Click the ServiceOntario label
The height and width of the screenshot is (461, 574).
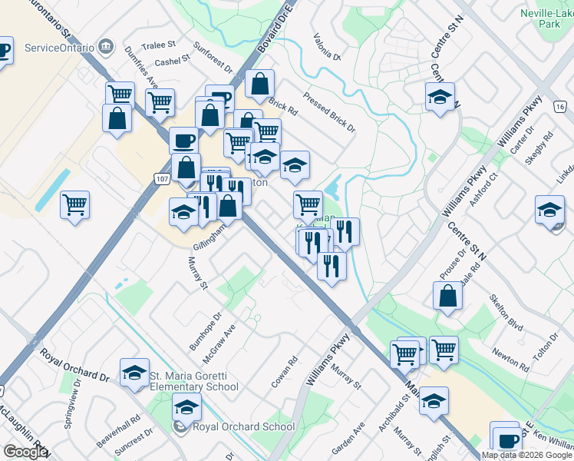pyautogui.click(x=60, y=48)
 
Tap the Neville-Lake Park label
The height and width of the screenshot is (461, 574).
pyautogui.click(x=546, y=18)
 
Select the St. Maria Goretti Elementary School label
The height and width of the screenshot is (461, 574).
pyautogui.click(x=193, y=381)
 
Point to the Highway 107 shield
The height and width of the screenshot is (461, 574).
pyautogui.click(x=161, y=179)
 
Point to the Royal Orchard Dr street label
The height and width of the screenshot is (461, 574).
pyautogui.click(x=74, y=366)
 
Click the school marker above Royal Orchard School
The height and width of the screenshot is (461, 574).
pyautogui.click(x=186, y=410)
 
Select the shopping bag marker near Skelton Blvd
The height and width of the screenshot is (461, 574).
pyautogui.click(x=448, y=296)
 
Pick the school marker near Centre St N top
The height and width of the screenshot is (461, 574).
pyautogui.click(x=440, y=97)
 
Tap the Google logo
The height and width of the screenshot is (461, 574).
pyautogui.click(x=25, y=452)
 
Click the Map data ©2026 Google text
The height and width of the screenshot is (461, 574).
pyautogui.click(x=526, y=455)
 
